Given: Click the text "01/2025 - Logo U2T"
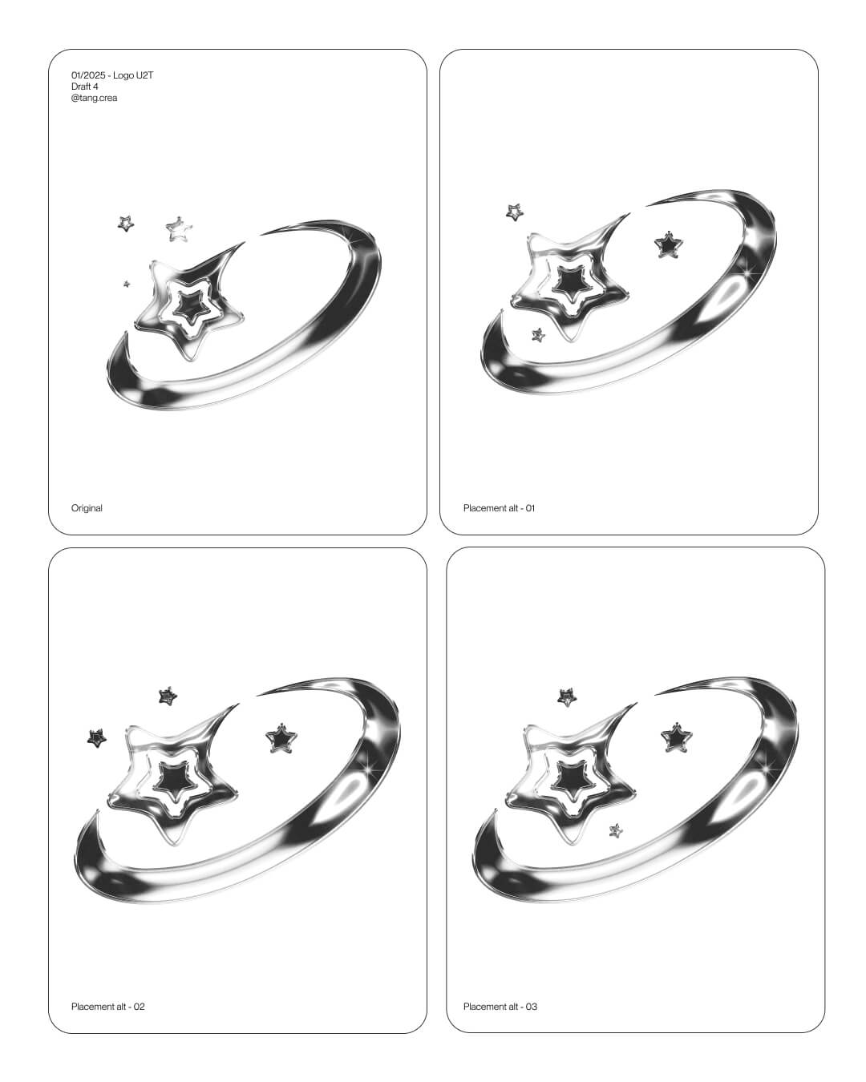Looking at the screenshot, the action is coord(112,75).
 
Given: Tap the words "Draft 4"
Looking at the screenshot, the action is coord(84,87).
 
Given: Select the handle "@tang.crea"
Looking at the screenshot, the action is coord(94,98).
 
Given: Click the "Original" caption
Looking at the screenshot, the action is coord(87,508).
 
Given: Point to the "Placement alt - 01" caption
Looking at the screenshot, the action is coord(499,508).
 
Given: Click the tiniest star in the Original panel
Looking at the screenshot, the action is coord(127,284).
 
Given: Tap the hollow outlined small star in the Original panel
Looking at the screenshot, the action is coord(179,230).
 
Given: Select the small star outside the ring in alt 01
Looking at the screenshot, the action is coord(514,212).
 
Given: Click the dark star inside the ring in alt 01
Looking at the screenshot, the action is coord(668,245).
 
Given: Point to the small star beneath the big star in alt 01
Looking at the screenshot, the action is coord(538,335).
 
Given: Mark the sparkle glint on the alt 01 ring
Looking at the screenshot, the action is coord(747,273).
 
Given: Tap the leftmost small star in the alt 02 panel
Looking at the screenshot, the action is coord(96,738).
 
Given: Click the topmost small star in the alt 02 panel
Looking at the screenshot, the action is coord(168,696).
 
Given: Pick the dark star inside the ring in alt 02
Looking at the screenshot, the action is coord(281,739).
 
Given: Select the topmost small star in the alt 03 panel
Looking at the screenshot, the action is coord(567,697).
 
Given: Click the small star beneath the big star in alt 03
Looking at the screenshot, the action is coord(615,830).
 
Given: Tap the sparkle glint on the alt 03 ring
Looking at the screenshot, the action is coord(767,769).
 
